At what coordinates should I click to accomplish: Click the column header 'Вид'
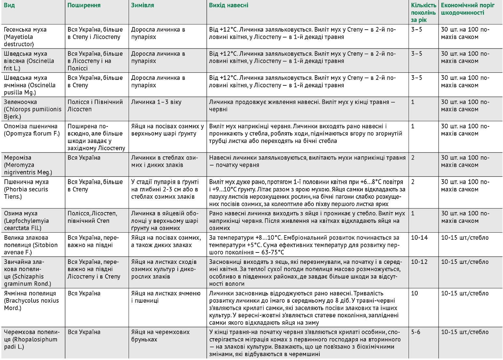9,6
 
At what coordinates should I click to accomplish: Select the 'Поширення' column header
84,6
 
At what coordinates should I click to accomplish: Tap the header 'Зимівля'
143,6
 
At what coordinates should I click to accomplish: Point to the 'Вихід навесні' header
229,6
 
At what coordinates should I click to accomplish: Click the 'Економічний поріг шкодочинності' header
468,9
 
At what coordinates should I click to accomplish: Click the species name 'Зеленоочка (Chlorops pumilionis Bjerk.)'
33,109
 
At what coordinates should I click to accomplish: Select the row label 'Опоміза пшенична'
31,130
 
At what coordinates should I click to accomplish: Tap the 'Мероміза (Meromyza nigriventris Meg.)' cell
28,165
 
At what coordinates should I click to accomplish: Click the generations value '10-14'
419,238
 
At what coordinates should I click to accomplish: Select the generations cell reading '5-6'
416,332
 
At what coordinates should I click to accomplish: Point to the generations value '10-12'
419,262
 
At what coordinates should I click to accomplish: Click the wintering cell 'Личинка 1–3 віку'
156,102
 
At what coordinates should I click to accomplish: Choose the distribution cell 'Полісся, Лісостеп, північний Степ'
92,217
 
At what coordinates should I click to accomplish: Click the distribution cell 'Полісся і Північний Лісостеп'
95,106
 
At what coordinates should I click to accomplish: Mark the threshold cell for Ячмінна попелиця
465,294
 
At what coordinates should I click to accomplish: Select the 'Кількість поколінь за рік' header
423,13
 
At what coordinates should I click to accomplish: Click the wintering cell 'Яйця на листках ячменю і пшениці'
166,297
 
